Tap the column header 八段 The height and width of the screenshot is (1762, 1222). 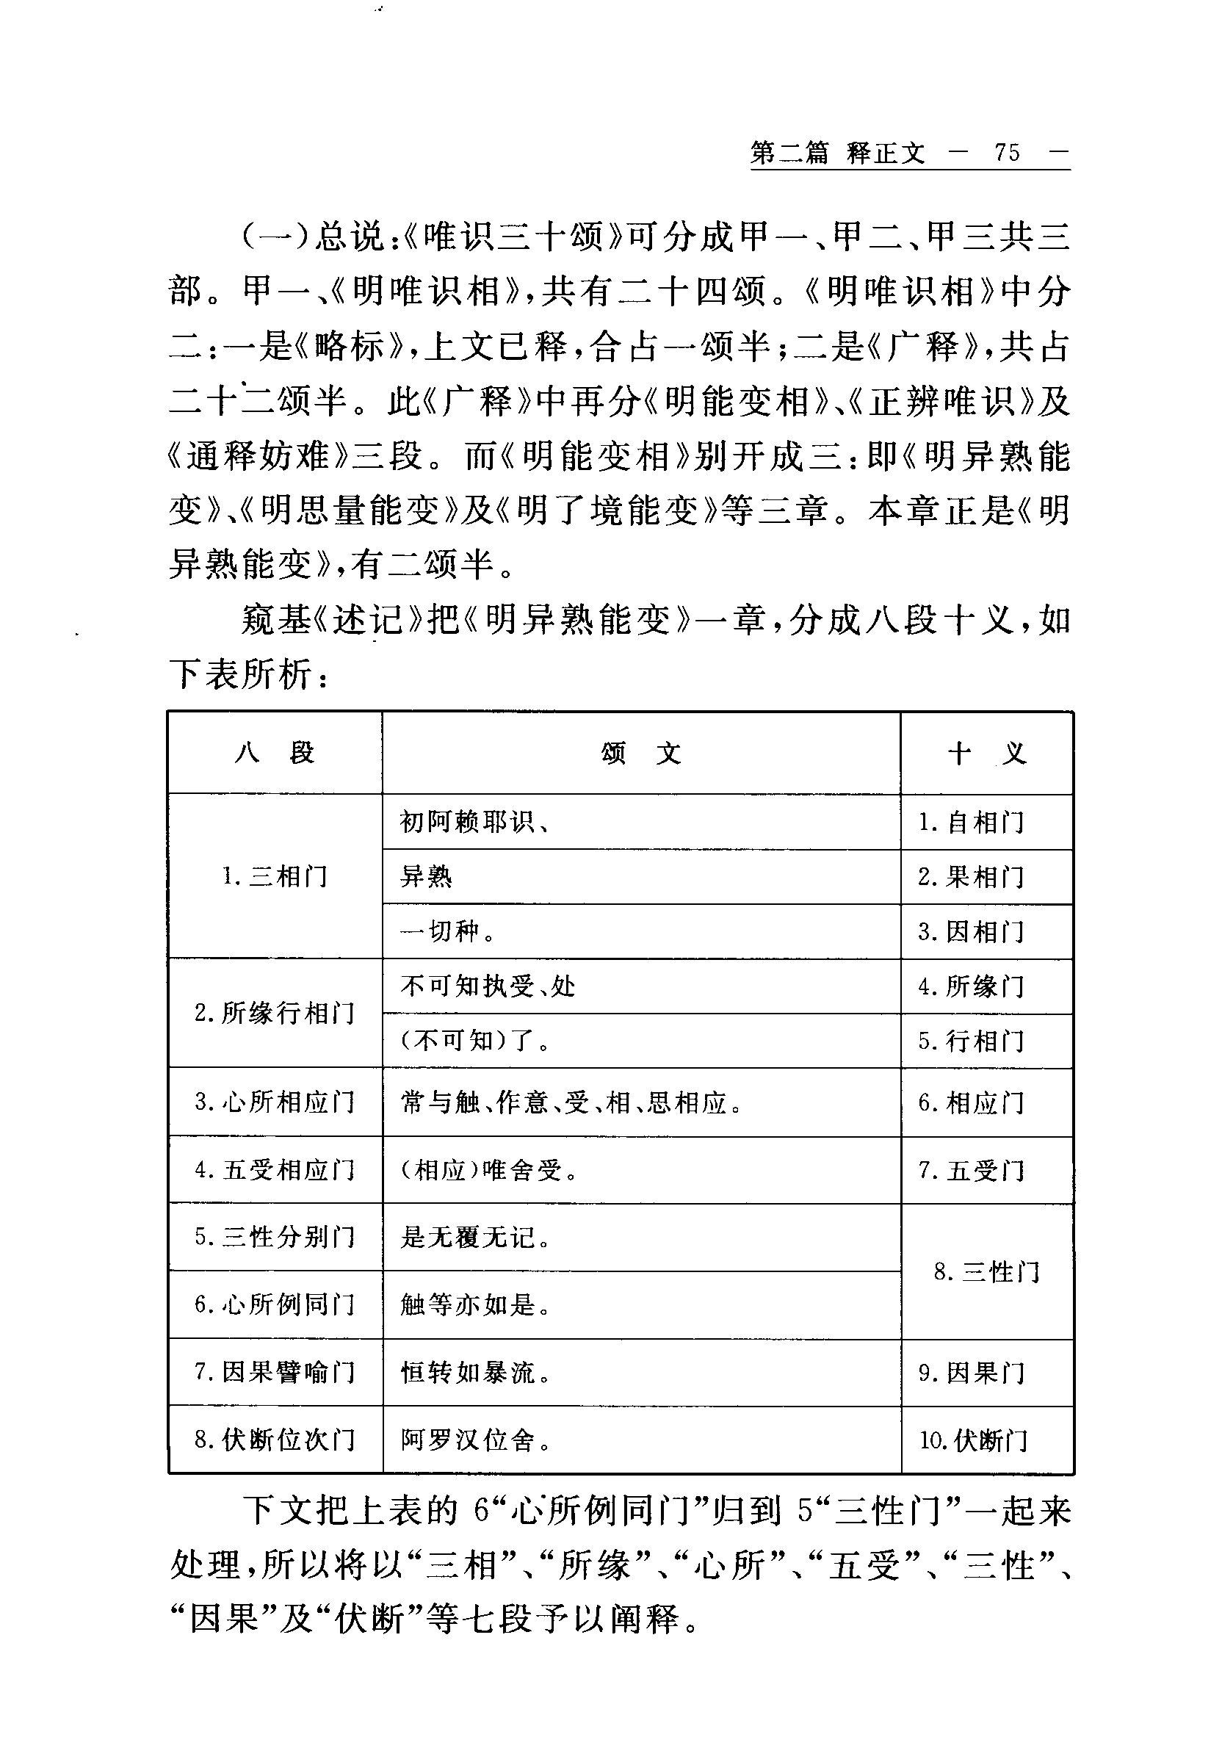click(x=275, y=754)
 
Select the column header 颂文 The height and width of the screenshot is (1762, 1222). click(x=641, y=754)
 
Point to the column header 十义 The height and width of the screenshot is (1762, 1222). click(x=987, y=754)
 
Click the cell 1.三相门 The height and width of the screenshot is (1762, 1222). click(x=275, y=876)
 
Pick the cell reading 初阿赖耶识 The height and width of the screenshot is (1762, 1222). click(x=474, y=823)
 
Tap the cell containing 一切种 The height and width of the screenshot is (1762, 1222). click(x=448, y=931)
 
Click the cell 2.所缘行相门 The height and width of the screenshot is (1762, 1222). click(x=275, y=1013)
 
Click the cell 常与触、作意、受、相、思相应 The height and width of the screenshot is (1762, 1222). click(x=571, y=1102)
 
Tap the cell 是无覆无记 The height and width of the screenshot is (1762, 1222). click(x=474, y=1238)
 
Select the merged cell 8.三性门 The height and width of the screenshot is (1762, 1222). click(x=987, y=1272)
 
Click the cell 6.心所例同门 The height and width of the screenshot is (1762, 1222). click(x=275, y=1304)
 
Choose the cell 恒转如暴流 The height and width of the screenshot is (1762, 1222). click(x=474, y=1373)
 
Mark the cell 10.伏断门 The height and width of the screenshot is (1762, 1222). click(x=973, y=1440)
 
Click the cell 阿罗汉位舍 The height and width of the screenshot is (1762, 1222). click(x=474, y=1440)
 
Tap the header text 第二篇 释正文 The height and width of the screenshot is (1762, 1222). click(x=838, y=154)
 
